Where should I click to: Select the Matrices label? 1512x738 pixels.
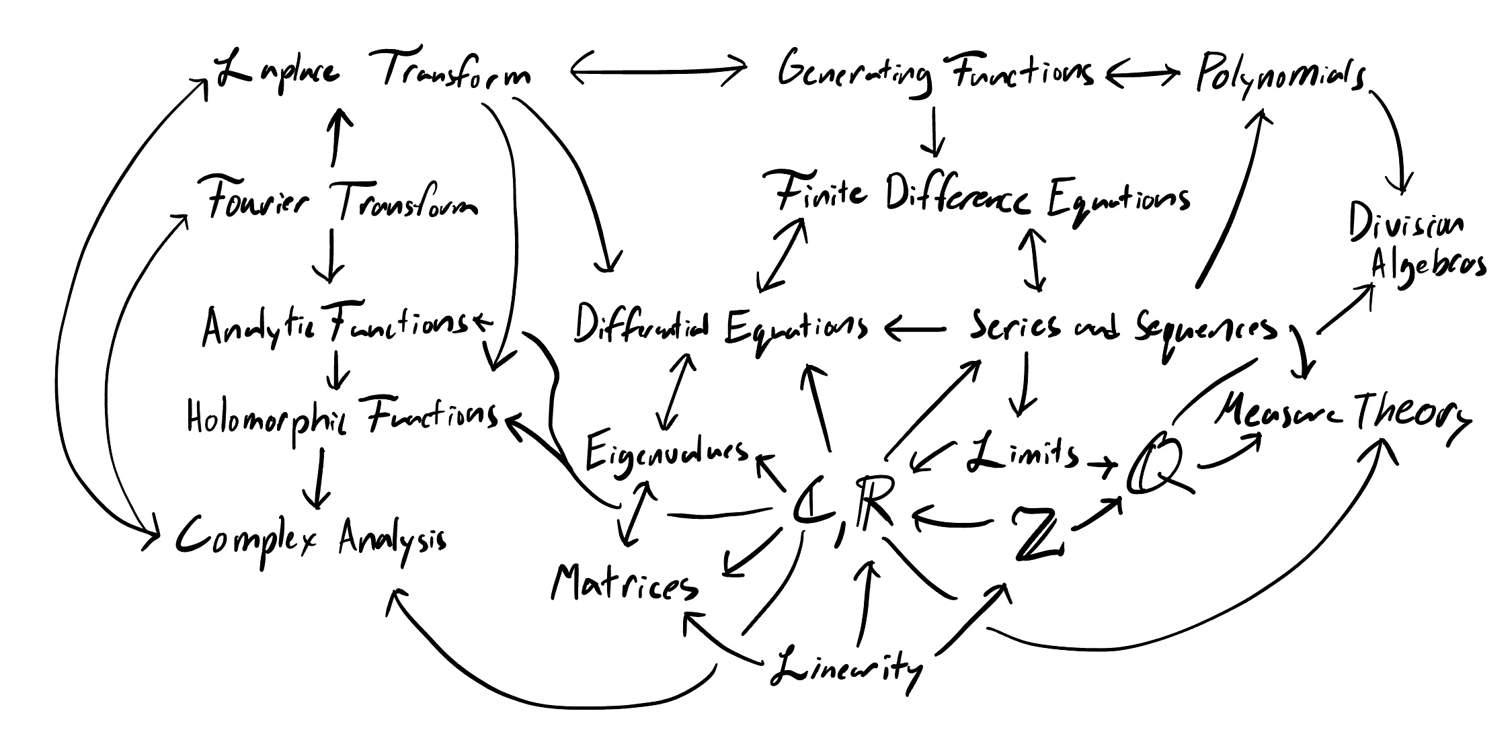pos(624,583)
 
